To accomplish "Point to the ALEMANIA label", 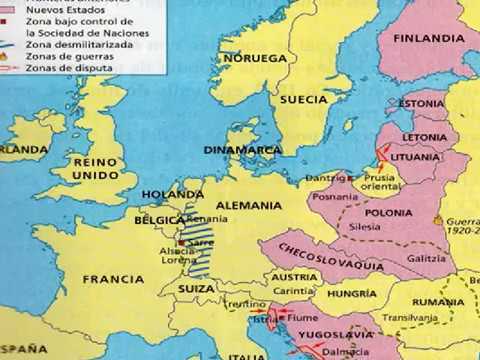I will (254, 205).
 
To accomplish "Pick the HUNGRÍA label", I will (353, 295).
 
